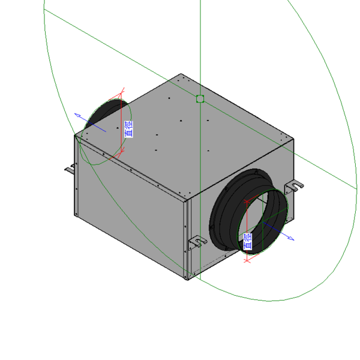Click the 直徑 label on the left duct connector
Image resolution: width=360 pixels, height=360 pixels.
tap(128, 129)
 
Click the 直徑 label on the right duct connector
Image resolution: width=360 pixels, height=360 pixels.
tap(247, 242)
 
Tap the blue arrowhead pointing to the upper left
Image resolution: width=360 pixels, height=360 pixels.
tap(77, 115)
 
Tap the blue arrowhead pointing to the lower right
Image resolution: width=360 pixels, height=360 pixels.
tap(291, 239)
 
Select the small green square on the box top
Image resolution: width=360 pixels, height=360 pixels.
tap(200, 99)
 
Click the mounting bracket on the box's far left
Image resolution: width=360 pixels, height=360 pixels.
tap(70, 169)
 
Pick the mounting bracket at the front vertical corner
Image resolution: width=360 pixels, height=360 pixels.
tap(197, 242)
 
